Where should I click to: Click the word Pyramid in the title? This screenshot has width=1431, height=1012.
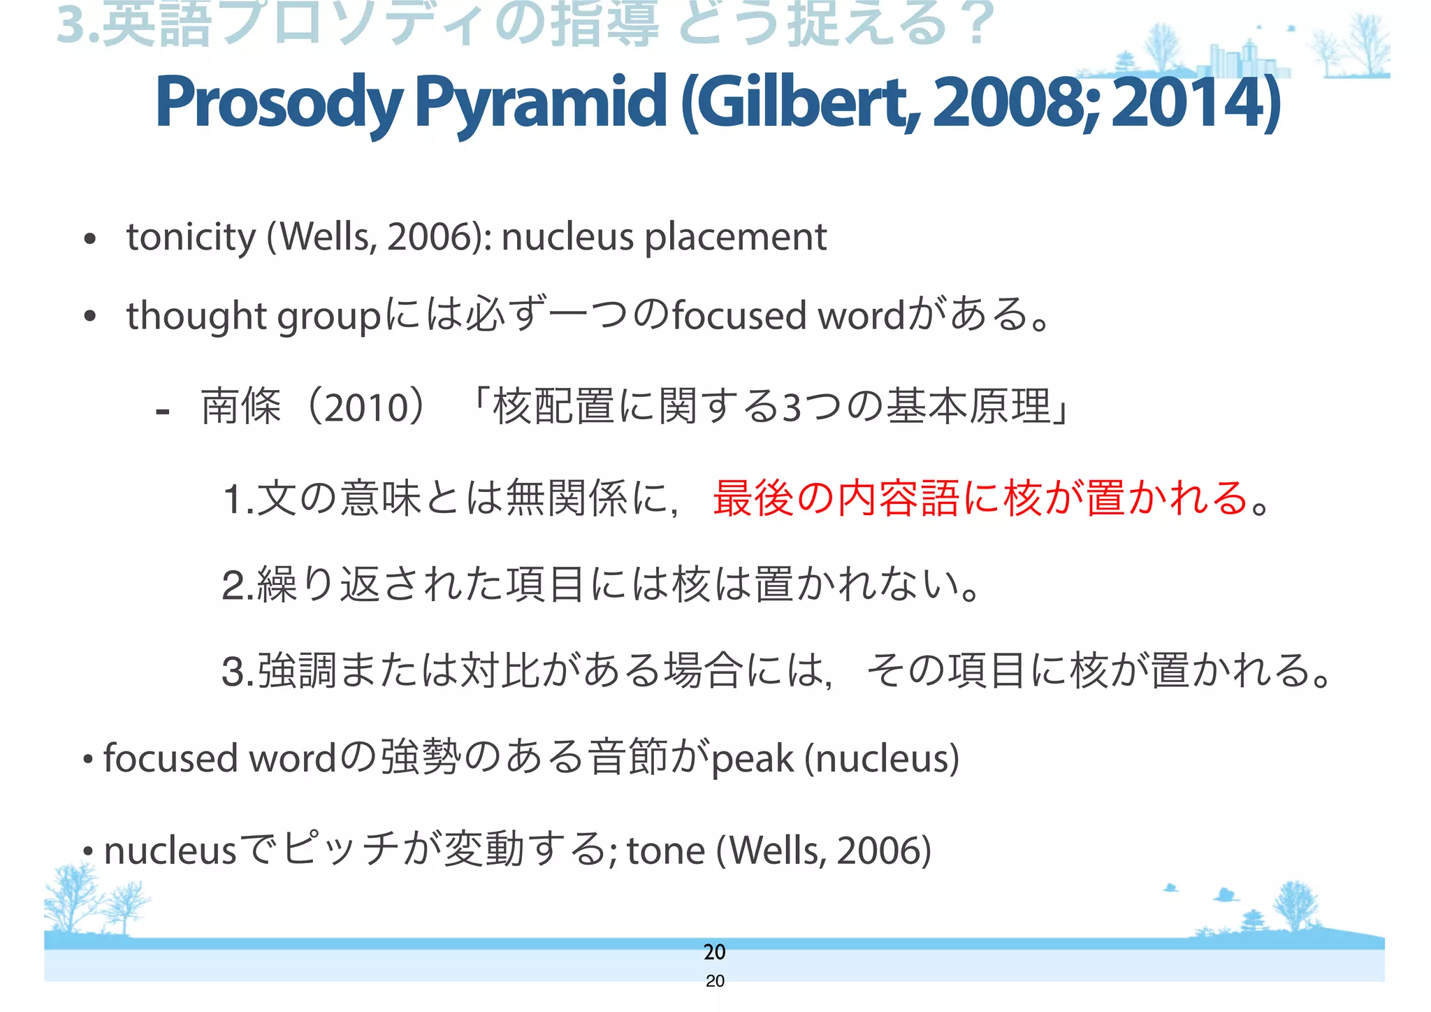click(541, 103)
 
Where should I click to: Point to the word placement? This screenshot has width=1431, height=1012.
click(735, 238)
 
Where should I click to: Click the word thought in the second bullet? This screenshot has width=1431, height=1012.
click(196, 316)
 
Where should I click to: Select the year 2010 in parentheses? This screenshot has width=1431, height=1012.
click(365, 407)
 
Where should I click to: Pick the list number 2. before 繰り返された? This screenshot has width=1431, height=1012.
click(238, 586)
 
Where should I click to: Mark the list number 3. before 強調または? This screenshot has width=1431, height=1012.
click(238, 672)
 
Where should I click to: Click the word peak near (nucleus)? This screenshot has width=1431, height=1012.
click(752, 758)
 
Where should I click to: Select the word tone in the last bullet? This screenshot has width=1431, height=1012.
click(665, 851)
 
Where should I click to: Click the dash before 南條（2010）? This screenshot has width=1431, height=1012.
click(163, 411)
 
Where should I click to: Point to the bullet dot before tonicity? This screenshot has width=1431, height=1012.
click(89, 240)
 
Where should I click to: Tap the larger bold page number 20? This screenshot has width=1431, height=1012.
click(714, 951)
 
